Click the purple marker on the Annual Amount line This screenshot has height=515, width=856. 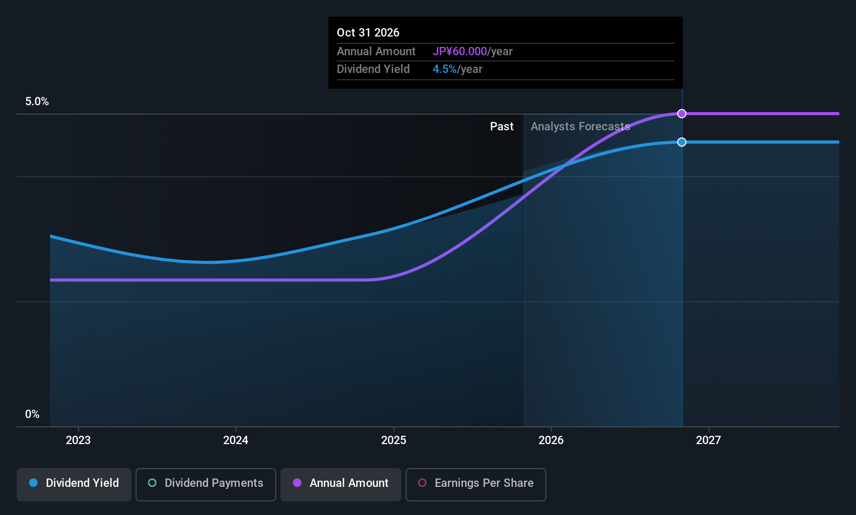[x=681, y=114]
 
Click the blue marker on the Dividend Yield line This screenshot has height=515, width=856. [x=681, y=142]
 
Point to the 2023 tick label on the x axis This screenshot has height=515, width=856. [x=78, y=440]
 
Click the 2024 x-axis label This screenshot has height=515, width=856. [x=236, y=440]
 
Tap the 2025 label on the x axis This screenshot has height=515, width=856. [x=394, y=440]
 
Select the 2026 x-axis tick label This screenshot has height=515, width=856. [x=551, y=440]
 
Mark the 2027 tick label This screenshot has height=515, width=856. [x=708, y=440]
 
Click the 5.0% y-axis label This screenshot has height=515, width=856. [x=37, y=102]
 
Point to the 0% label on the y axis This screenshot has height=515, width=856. [x=32, y=414]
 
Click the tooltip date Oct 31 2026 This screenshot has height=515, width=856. [x=368, y=33]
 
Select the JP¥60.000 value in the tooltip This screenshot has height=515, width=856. [x=459, y=52]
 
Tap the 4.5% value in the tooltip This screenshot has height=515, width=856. [x=444, y=69]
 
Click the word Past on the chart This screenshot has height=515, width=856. [x=502, y=127]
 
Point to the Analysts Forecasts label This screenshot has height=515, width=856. [x=580, y=127]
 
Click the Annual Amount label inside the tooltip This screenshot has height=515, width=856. [x=376, y=52]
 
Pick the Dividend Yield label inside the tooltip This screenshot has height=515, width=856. [x=373, y=69]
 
